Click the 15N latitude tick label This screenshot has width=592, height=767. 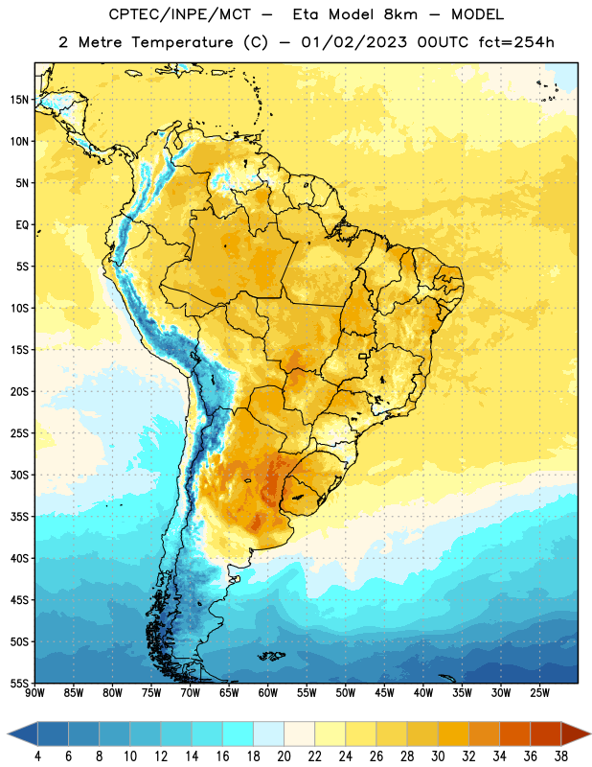tap(19, 100)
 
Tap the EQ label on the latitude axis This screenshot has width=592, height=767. tap(22, 225)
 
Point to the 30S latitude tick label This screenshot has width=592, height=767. tap(19, 475)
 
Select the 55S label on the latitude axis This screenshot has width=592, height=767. tap(19, 683)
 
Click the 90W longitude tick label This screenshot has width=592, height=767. tap(34, 693)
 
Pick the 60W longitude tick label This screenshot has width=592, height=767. tap(268, 693)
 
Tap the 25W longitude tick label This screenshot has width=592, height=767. tap(539, 693)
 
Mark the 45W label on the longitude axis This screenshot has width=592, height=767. tap(384, 693)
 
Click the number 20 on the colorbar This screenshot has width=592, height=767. tap(284, 756)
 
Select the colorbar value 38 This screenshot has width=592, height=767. tap(561, 756)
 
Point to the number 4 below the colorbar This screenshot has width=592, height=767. tap(37, 756)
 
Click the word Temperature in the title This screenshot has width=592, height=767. tap(182, 42)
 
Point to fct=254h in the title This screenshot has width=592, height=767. tap(516, 42)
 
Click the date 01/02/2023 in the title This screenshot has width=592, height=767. tap(353, 42)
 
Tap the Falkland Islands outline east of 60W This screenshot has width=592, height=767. tap(272, 656)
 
